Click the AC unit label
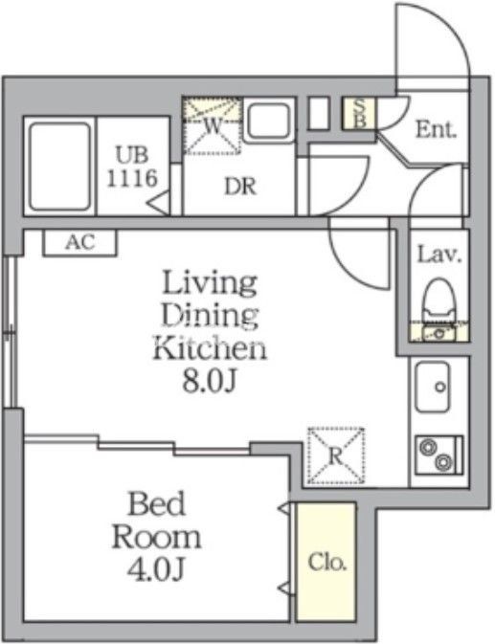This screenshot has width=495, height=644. coord(80,242)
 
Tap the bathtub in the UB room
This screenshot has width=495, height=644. coord(60,166)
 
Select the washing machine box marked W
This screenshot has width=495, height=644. coord(212,125)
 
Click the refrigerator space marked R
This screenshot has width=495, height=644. coord(336,455)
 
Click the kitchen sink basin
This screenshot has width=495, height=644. coord(432,387)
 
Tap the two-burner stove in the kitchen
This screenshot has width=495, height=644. coord(439,455)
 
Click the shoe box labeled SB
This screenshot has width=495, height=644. coord(359,114)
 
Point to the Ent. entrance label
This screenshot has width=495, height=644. coord(436,129)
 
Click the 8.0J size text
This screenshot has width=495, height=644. coord(210,382)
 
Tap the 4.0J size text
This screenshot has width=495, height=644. coord(155,568)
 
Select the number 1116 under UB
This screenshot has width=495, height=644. coord(132,178)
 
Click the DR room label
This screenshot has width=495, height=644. coord(240,187)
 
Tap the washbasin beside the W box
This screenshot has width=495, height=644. coord(269,121)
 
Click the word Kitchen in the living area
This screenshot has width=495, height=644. coord(210,348)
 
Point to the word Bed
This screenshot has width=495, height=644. coord(156,503)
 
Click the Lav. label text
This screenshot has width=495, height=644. coord(439,255)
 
